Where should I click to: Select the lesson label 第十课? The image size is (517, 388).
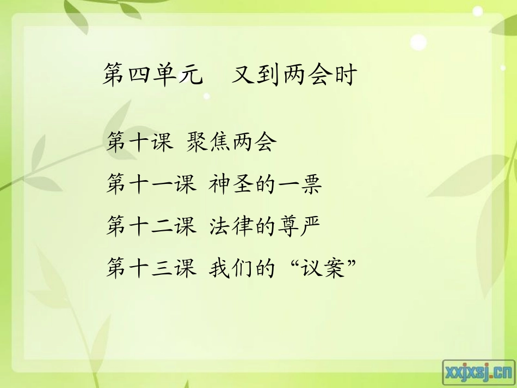click(x=139, y=143)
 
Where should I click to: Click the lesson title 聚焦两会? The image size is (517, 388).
click(x=231, y=143)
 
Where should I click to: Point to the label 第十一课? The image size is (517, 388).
click(x=151, y=185)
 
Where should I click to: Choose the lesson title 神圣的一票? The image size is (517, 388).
click(x=266, y=185)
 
